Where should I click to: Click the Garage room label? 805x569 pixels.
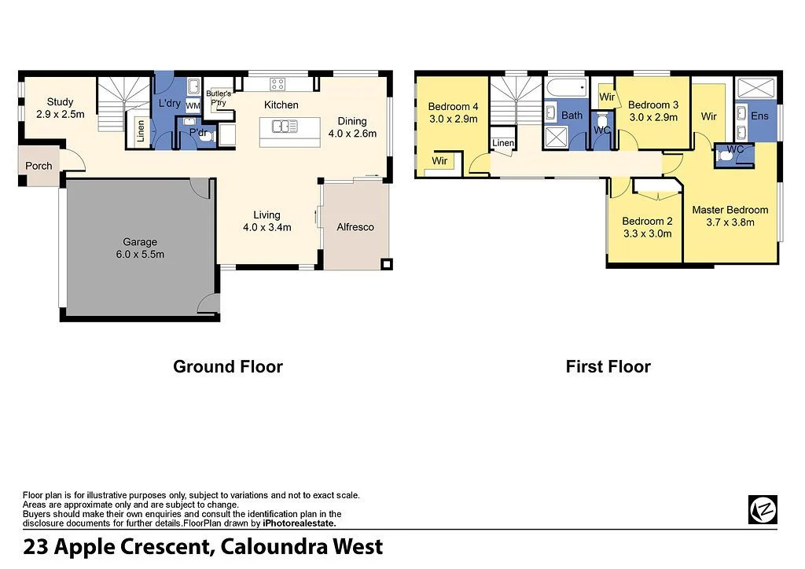140,242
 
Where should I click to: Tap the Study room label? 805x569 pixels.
60,102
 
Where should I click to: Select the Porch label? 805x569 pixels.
39,166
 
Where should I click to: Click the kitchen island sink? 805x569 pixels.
285,126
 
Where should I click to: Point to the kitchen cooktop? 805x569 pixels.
278,83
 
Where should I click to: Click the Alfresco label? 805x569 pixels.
355,227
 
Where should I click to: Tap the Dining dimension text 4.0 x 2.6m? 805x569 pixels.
352,134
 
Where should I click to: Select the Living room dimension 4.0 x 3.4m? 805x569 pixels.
266,228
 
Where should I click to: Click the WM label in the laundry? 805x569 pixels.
193,106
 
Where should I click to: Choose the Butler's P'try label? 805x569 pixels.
219,97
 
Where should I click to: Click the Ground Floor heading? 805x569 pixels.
227,366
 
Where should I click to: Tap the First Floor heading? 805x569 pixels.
608,366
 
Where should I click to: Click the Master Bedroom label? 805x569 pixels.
730,210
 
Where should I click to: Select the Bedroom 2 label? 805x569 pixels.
647,222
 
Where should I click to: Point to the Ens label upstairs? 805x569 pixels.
759,116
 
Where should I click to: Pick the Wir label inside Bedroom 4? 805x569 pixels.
439,160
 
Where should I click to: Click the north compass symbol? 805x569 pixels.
762,509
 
